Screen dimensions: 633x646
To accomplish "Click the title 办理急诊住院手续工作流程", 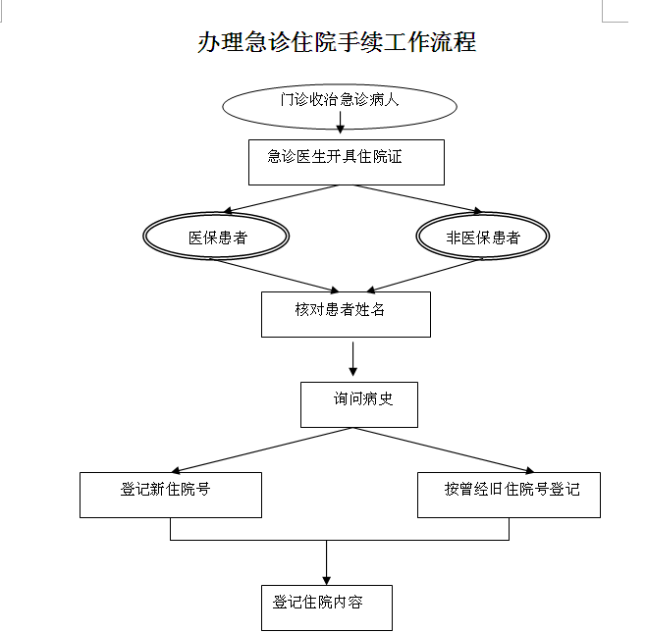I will [337, 42].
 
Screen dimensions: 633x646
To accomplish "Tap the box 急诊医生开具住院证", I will [346, 162].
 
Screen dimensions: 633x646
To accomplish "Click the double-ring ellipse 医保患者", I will [217, 237].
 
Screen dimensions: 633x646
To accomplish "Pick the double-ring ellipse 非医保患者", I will [483, 237].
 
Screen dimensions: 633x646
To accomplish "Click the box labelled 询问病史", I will [359, 403].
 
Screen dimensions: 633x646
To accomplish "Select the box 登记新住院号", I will [171, 495].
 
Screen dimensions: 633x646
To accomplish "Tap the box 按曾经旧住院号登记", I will [509, 495].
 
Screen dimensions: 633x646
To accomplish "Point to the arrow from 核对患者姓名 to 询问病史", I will [352, 358].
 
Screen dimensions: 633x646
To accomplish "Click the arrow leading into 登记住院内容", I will [326, 563].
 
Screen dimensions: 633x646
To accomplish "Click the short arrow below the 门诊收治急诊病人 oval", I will [340, 123].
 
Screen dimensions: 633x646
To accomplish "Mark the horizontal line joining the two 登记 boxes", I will [340, 540].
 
